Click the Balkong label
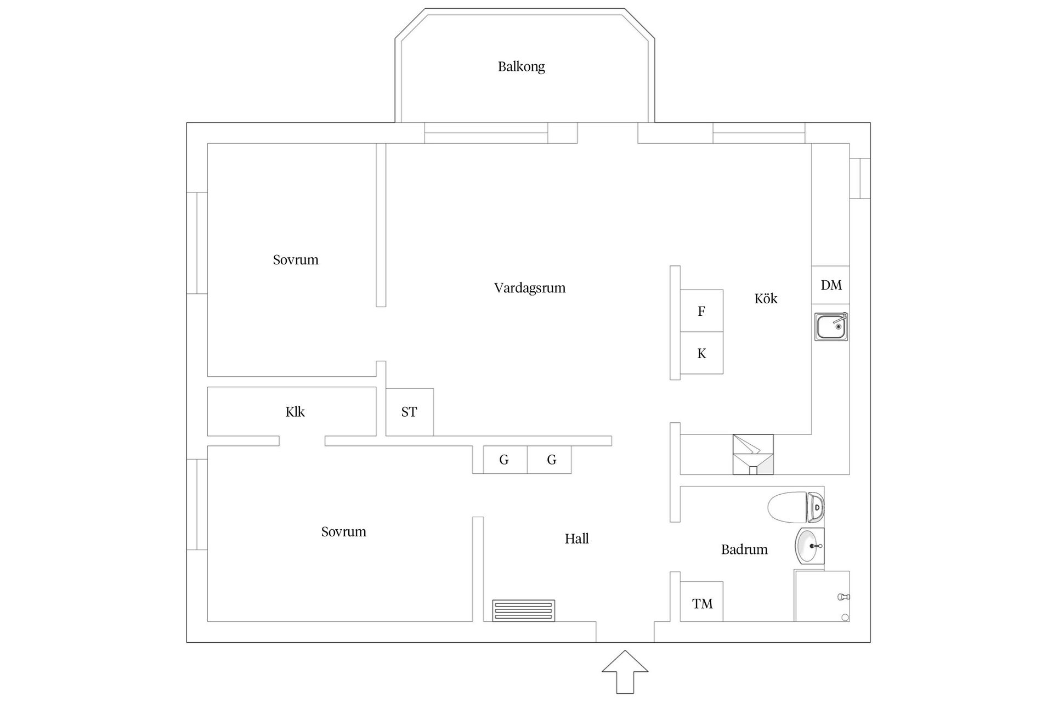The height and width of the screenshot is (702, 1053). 521,67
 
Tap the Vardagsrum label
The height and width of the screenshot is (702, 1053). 529,288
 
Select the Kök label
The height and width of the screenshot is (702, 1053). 766,298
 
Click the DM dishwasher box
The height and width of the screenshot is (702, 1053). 831,285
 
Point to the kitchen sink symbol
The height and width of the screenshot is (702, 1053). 831,327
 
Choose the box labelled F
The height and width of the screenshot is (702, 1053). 701,311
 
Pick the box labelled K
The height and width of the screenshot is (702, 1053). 701,353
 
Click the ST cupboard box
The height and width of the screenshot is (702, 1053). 409,412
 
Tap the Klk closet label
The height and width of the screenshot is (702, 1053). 295,412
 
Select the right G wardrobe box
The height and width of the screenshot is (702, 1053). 551,460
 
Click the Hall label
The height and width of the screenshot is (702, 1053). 576,539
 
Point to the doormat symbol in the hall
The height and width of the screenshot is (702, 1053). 523,610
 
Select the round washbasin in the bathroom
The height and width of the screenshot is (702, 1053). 809,546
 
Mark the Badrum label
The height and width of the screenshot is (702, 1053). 744,550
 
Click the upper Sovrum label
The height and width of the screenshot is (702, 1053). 296,259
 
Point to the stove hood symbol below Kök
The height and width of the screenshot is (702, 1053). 753,454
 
